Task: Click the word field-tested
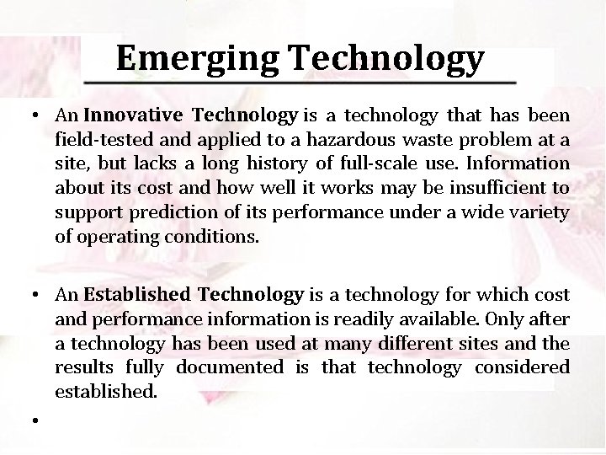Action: click(96, 138)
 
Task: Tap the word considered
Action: click(522, 368)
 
